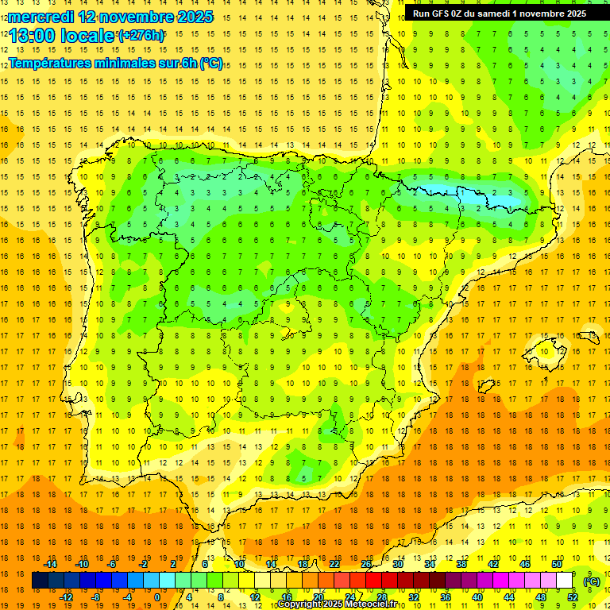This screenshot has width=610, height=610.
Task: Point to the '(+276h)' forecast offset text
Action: tap(141, 35)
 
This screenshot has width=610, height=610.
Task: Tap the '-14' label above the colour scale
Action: tap(50, 564)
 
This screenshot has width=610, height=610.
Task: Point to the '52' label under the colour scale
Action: tap(573, 597)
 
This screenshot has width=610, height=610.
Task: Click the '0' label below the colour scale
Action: tap(157, 597)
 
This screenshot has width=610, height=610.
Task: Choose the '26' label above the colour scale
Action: tap(366, 564)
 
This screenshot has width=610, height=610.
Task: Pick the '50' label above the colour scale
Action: tap(557, 564)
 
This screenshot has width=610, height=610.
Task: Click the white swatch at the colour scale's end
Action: tap(565, 581)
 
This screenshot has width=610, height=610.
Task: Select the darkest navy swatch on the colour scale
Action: tap(40, 581)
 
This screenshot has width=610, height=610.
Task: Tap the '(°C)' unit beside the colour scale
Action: tap(592, 581)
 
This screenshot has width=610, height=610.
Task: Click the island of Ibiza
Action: tap(487, 386)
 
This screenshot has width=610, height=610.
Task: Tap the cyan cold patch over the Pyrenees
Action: tap(445, 191)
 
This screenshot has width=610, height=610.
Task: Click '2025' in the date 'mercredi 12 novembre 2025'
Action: tap(191, 17)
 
